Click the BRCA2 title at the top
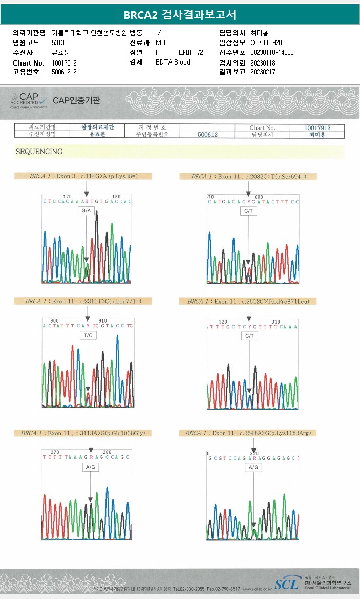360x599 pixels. click(180, 15)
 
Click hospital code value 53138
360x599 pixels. click(60, 42)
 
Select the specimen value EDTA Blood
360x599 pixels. click(173, 62)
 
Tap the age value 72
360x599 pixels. click(200, 52)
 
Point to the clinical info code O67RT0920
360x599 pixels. click(266, 42)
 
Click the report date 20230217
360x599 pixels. click(263, 72)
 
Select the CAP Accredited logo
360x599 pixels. click(29, 100)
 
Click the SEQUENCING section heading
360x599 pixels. click(39, 152)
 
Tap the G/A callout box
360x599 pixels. click(86, 211)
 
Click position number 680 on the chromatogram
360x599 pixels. click(258, 197)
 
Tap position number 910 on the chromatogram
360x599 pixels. click(102, 320)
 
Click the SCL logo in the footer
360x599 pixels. click(286, 584)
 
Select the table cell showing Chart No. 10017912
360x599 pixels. click(317, 127)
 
